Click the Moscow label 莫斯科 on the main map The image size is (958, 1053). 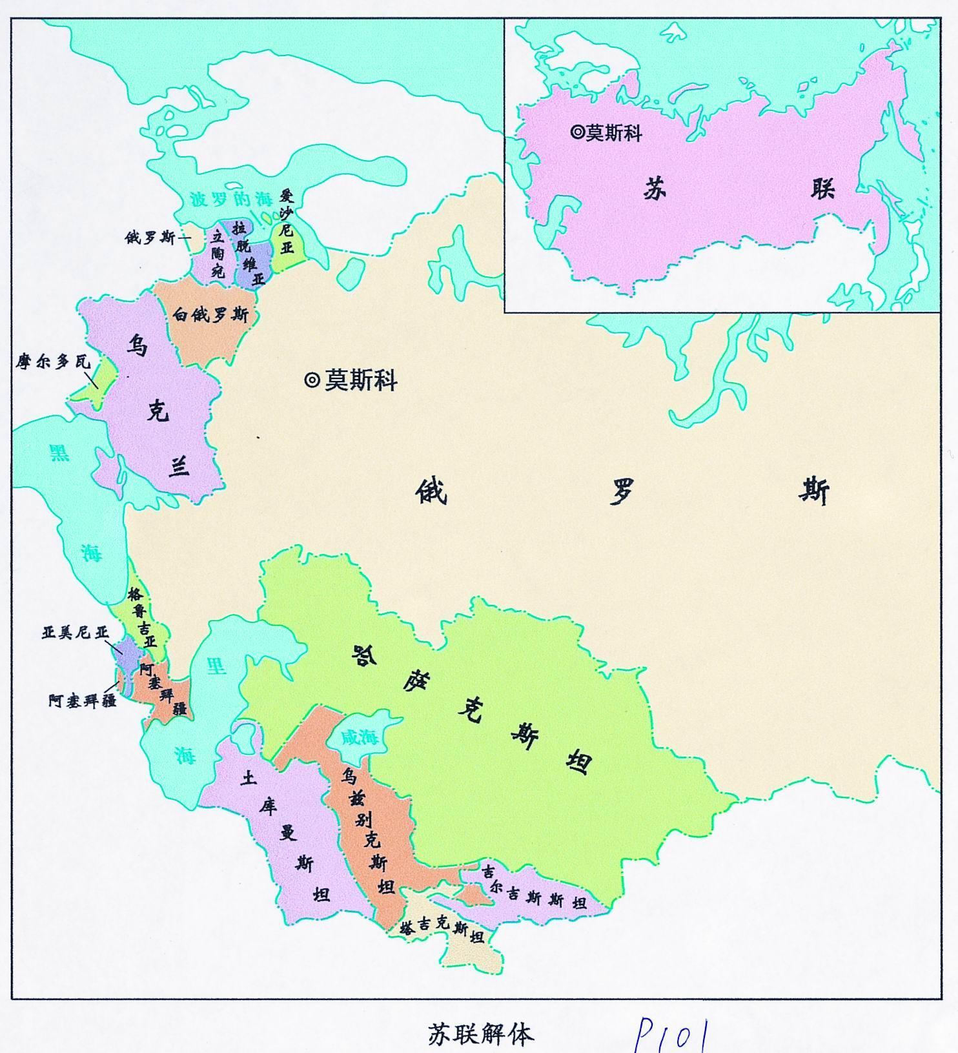(x=360, y=380)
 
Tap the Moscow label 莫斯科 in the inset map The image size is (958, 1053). (x=614, y=133)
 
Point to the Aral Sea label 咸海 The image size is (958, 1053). (x=360, y=737)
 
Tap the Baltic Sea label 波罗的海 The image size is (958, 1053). (x=232, y=199)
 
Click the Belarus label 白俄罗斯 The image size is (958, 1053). (x=210, y=314)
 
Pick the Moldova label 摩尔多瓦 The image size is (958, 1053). (x=53, y=362)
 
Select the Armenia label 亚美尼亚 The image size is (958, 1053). (x=76, y=633)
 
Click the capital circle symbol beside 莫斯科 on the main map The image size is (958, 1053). (x=312, y=380)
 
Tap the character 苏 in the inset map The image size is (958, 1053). (x=654, y=190)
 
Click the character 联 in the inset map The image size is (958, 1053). (x=822, y=188)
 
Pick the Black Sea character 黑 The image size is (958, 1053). (x=59, y=453)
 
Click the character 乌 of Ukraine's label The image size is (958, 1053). (x=136, y=347)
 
